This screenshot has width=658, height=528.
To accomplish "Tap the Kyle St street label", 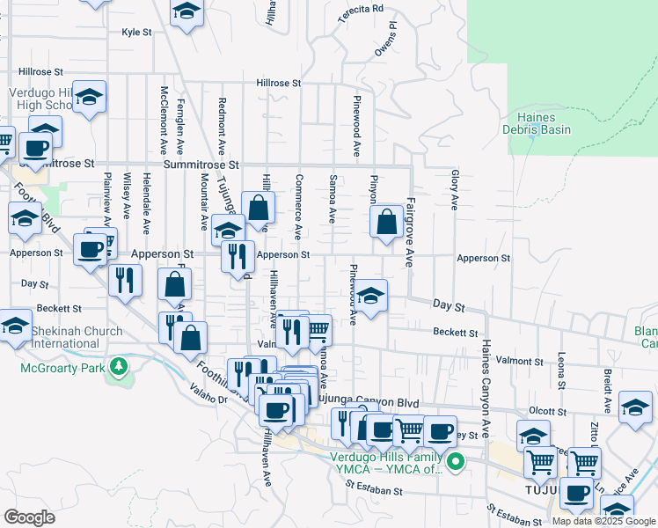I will (136, 32).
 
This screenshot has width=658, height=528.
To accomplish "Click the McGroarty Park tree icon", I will (116, 365).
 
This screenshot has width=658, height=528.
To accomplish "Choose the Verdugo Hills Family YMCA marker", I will (455, 460).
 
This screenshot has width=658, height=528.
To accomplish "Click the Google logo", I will (30, 517).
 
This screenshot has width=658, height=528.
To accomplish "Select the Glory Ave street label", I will (454, 190).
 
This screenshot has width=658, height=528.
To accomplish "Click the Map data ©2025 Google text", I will (603, 521).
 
